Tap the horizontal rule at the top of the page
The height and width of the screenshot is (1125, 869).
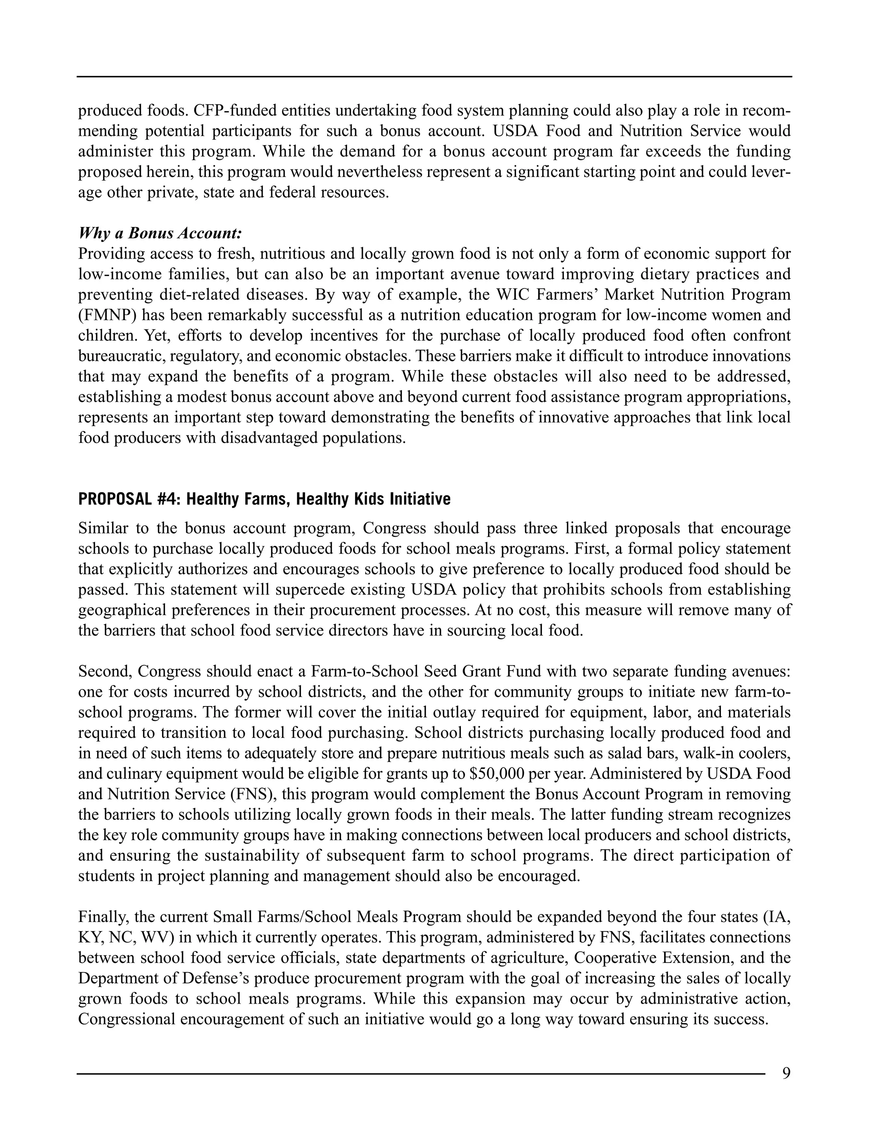click(434, 77)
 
